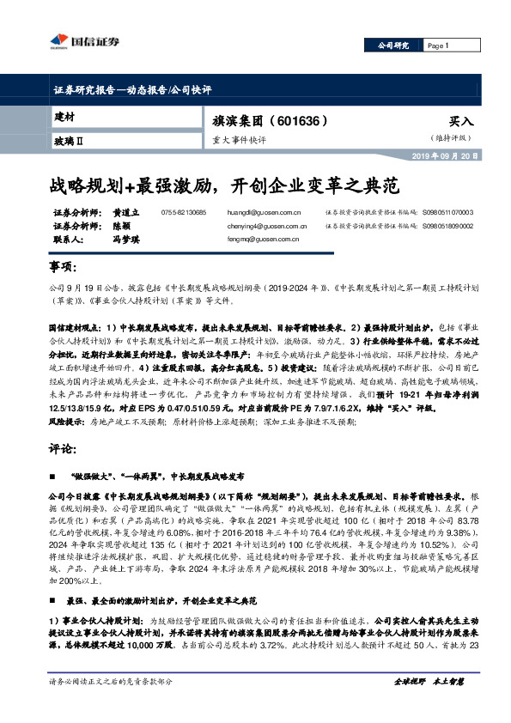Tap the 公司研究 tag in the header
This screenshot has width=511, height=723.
(396, 46)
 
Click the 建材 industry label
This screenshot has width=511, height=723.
(65, 116)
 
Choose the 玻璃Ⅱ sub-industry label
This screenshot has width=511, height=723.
(70, 139)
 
